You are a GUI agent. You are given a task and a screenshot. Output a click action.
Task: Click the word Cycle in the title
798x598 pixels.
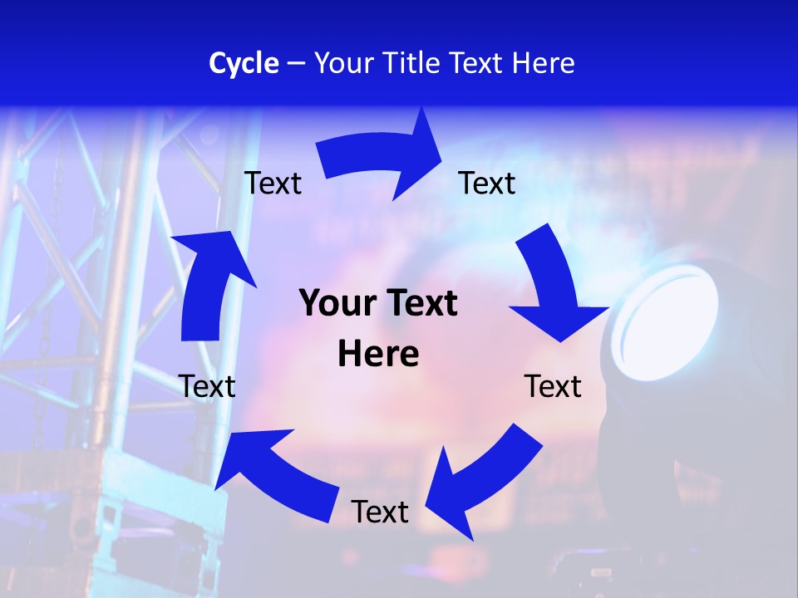coord(244,63)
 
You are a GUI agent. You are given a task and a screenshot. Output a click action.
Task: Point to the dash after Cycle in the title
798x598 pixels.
coord(296,64)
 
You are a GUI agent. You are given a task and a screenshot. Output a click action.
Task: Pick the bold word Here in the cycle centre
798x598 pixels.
coord(378,355)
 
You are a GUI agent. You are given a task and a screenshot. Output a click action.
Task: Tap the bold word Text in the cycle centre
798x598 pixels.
coord(419,303)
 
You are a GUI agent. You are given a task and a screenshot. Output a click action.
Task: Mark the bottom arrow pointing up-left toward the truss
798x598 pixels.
coord(274,473)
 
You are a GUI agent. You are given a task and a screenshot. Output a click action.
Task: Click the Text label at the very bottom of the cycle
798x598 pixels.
coord(380,512)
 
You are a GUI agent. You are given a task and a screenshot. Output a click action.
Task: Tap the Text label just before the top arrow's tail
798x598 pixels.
coord(273,183)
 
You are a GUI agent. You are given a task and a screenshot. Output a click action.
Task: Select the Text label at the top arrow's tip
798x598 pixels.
coord(487,183)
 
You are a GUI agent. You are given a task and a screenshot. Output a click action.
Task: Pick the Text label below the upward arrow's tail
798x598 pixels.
coord(207,386)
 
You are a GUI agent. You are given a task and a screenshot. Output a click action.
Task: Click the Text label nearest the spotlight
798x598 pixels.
coord(553,386)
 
